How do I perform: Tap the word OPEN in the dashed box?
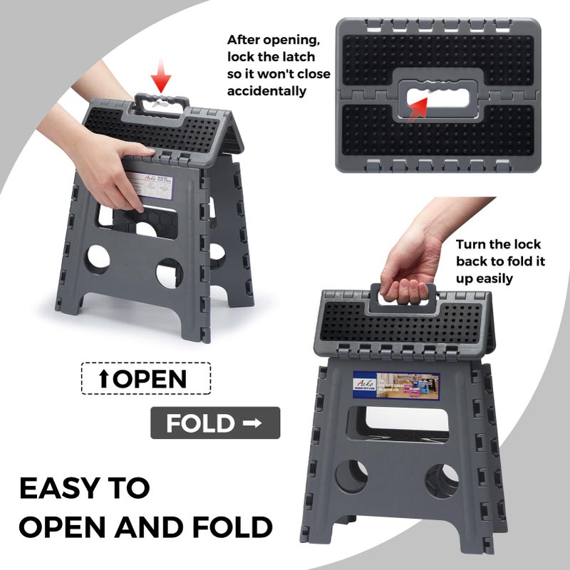[x=150, y=378]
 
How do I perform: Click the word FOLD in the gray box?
[x=200, y=423]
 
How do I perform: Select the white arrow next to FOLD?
[x=252, y=423]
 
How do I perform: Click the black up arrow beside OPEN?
[x=104, y=379]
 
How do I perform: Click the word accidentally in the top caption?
[x=266, y=91]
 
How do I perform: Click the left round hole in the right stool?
[x=351, y=477]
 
